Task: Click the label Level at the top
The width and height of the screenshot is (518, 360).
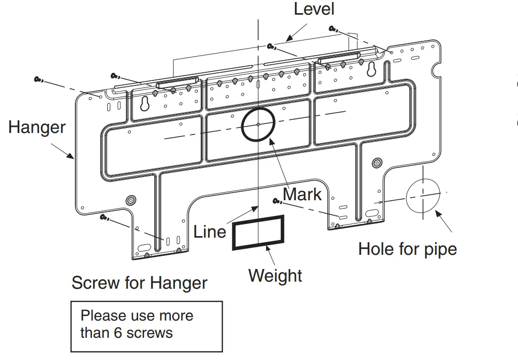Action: coord(314,9)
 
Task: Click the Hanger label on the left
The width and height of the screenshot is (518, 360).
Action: coord(37,127)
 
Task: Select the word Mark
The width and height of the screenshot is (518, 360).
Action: coord(302,194)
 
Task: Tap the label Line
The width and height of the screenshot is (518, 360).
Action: coord(209,232)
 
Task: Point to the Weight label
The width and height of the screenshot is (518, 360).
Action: coord(275,276)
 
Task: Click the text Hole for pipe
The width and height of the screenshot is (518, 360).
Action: coord(407,249)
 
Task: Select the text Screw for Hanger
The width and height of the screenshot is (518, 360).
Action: coord(139,283)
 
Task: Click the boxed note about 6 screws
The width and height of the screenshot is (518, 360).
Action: coord(146,326)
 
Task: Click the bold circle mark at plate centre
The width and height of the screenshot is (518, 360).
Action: coord(258,124)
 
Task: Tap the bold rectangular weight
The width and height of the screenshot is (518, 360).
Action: coord(258,232)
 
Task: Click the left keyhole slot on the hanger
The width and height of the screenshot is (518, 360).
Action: coord(145,104)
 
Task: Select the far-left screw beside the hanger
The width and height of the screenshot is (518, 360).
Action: coord(38,79)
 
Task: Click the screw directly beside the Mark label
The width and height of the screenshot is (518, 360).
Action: coord(277,202)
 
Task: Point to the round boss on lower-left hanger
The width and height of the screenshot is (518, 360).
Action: coord(131,200)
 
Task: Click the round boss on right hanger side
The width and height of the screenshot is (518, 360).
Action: coord(376,162)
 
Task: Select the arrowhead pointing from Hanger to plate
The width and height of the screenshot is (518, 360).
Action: coord(72,156)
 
